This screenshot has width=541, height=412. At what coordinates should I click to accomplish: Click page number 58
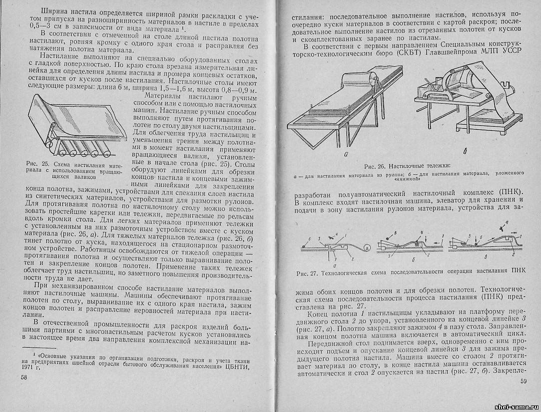point(24,377)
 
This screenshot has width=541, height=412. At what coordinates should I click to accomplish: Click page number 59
point(523,382)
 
